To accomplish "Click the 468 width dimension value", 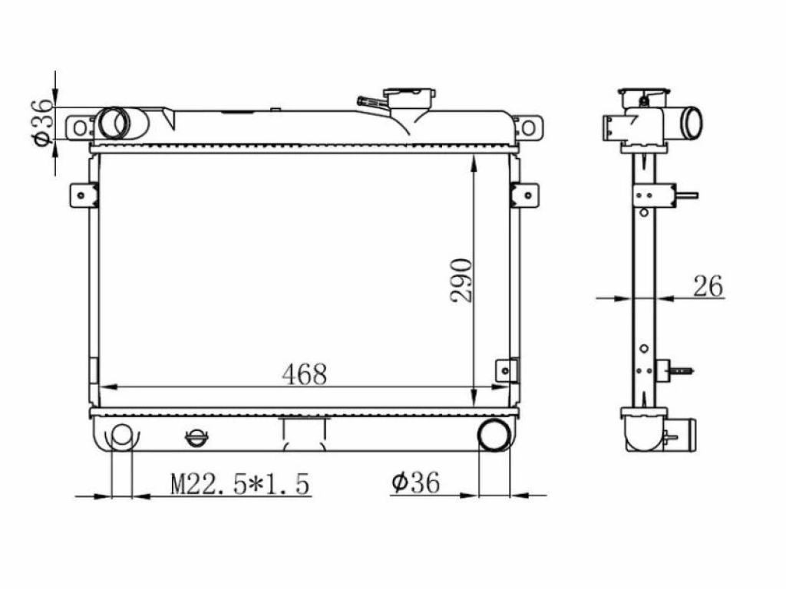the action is tap(304, 374).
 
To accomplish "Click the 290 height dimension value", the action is tap(461, 281).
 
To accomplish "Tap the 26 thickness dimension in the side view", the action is tap(708, 287).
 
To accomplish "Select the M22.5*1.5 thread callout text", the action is tap(240, 485).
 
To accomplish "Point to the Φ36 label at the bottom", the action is tap(415, 482).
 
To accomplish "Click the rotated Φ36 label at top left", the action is tap(42, 123).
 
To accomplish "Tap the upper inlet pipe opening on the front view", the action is tap(115, 123).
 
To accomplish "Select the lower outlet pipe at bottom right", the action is tap(494, 434).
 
